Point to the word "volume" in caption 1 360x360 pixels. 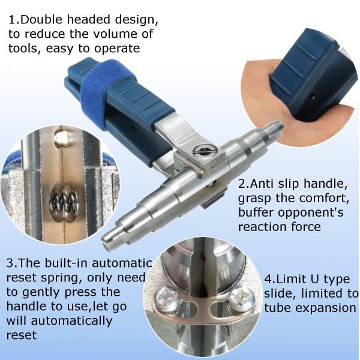click(x=112, y=34)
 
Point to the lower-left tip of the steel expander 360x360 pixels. click(x=109, y=239)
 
